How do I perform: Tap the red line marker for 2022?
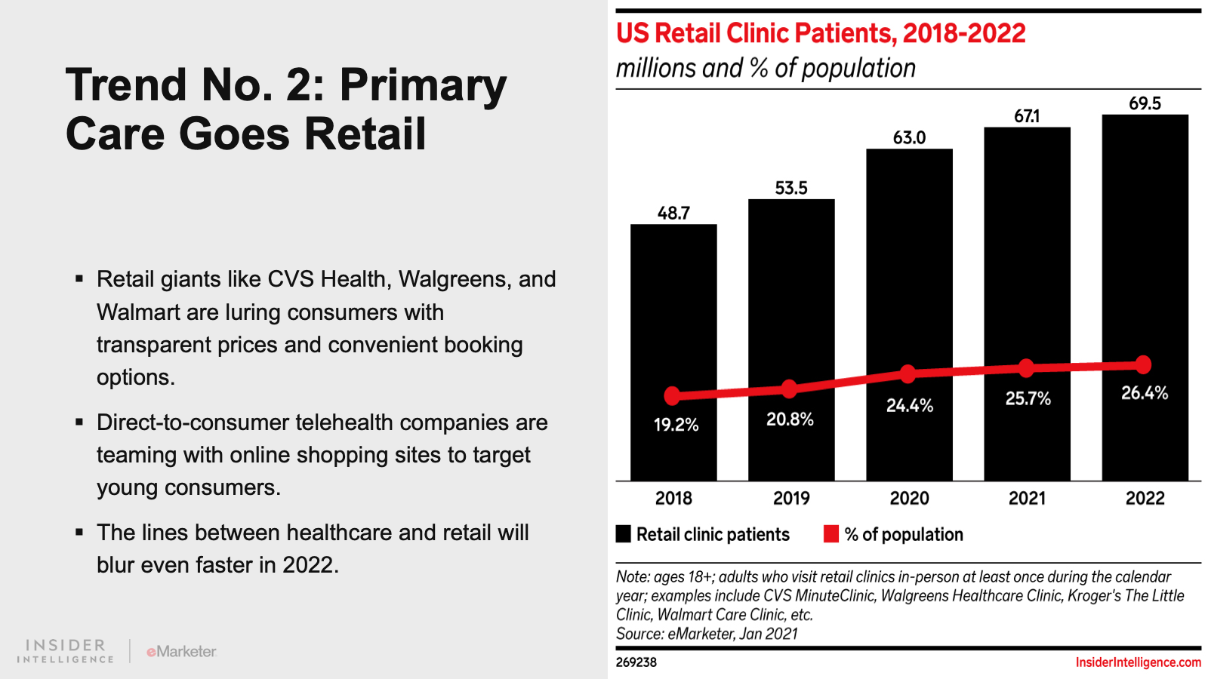tap(1144, 364)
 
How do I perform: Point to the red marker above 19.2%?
tap(672, 395)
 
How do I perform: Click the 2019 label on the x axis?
tap(791, 498)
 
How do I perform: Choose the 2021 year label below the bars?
tap(1027, 498)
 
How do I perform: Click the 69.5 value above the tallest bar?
tap(1145, 103)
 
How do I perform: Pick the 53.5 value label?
tap(791, 188)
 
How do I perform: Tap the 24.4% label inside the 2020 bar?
tap(910, 406)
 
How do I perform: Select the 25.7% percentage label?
tap(1028, 398)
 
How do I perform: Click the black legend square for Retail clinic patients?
tap(624, 534)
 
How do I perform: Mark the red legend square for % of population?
tap(831, 534)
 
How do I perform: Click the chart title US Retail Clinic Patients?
tap(821, 33)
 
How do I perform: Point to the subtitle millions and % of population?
tap(766, 68)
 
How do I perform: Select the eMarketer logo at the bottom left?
tap(181, 651)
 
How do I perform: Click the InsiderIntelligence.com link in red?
tap(1138, 662)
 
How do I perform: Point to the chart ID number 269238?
tap(636, 662)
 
